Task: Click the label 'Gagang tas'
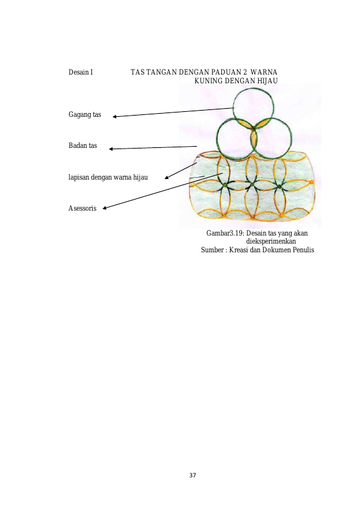pos(85,114)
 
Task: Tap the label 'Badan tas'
pos(83,145)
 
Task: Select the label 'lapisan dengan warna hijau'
pos(108,177)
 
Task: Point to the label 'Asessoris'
pos(83,208)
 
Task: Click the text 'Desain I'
pos(80,72)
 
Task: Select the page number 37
pos(193,475)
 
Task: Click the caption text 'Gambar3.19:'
pos(226,233)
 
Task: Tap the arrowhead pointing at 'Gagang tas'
pos(114,117)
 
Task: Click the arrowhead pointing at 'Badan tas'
pos(111,149)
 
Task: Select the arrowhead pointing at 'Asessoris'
pos(104,208)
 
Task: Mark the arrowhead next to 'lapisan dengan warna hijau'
pos(167,178)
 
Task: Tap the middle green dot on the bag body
pos(252,185)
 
